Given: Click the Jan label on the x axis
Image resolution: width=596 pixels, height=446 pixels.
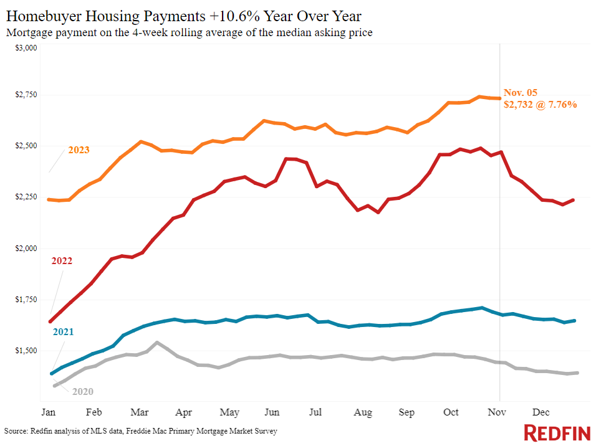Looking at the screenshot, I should (48, 412).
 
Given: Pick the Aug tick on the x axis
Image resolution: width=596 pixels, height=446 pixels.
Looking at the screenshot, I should (363, 412).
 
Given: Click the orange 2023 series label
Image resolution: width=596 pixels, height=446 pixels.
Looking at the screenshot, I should (79, 150).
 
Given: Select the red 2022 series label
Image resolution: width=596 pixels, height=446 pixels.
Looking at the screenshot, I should (62, 261).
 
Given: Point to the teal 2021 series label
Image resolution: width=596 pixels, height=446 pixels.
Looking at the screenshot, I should (63, 332).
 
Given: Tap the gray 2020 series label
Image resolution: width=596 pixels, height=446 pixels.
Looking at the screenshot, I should (83, 391).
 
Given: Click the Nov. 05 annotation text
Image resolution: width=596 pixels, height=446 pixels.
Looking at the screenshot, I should (520, 93).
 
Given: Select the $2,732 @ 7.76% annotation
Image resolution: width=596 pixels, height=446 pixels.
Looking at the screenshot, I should (540, 105).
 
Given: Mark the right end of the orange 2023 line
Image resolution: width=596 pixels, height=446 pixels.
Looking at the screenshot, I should (499, 98).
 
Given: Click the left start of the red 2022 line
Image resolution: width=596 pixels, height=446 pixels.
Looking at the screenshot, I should (50, 321).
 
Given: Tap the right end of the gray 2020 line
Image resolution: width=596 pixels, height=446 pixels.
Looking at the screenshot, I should (577, 372).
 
